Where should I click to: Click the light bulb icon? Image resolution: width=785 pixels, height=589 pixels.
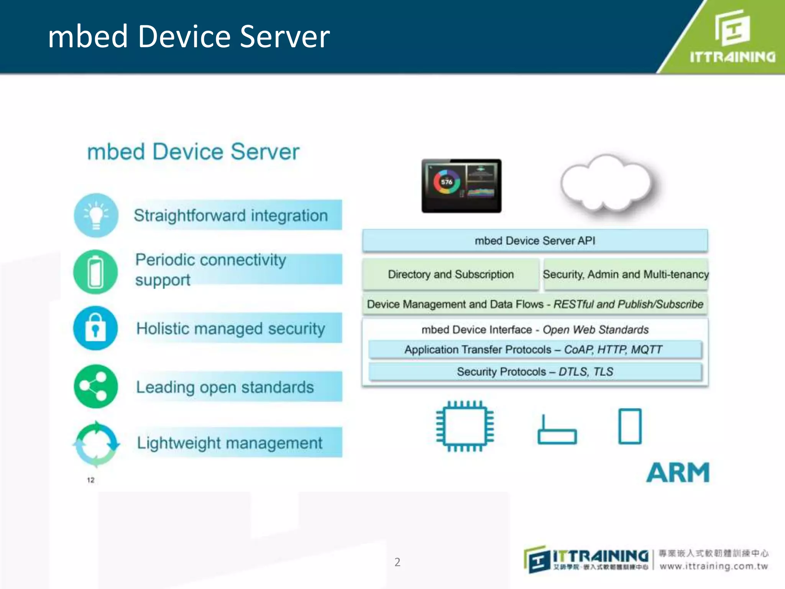click(96, 216)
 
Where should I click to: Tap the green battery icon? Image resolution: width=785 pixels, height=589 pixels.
click(95, 272)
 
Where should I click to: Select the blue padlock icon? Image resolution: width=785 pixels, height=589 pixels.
click(95, 328)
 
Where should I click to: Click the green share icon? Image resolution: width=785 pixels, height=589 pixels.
click(96, 386)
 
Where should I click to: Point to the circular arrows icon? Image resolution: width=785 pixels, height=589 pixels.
click(96, 444)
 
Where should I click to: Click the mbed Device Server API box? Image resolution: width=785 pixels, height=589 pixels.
click(535, 240)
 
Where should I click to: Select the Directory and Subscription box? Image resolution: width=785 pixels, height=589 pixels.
click(450, 274)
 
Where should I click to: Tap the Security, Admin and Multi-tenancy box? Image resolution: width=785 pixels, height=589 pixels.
click(626, 274)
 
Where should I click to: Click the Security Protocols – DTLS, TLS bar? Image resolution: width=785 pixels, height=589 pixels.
click(535, 372)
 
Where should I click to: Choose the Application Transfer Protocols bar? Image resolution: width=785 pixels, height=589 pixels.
click(535, 349)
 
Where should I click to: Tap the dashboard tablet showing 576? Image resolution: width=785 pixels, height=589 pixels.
click(461, 186)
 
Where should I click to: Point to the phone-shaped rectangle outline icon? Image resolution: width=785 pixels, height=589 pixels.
click(630, 426)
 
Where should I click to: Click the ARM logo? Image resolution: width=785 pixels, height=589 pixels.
click(678, 472)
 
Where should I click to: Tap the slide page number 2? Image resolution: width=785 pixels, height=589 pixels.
click(397, 562)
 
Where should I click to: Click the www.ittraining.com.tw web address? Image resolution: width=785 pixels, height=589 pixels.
click(714, 566)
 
